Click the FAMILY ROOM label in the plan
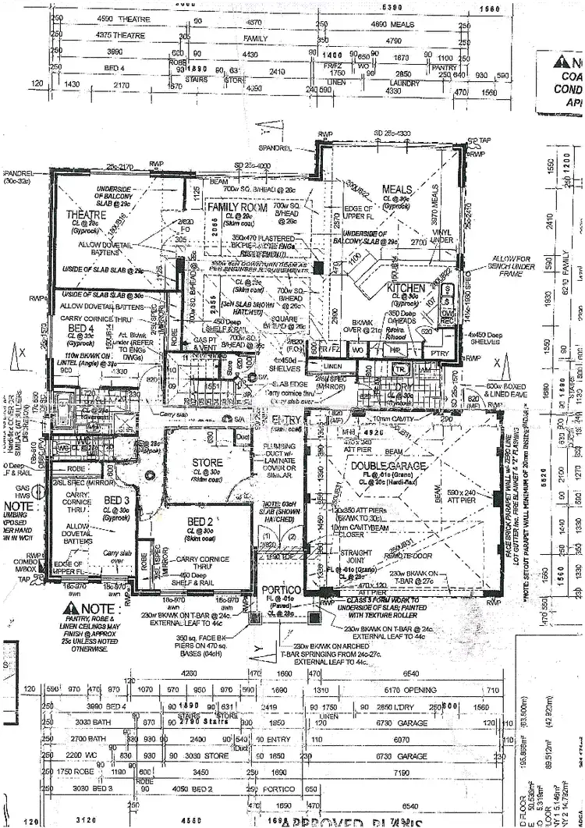[x=237, y=208]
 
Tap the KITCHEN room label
[x=406, y=288]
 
